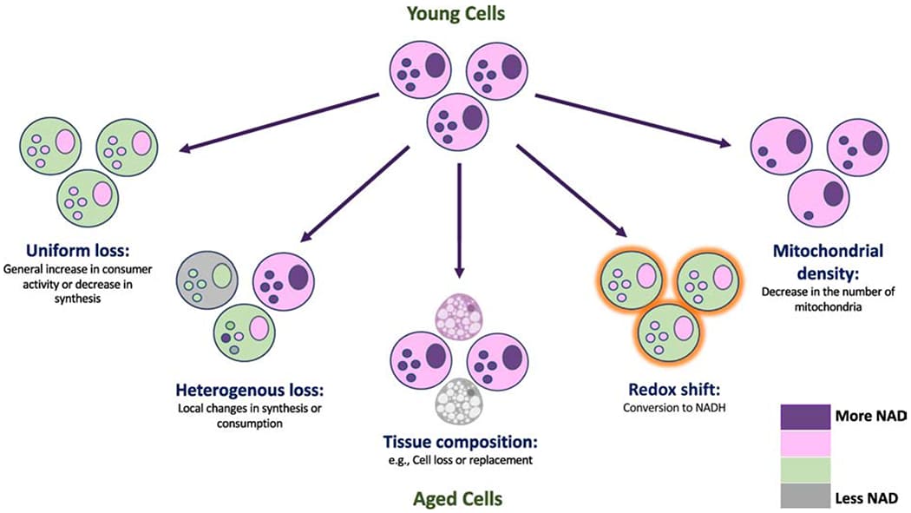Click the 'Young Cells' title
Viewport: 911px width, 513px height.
pos(456,13)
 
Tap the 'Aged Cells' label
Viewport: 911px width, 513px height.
pos(458,498)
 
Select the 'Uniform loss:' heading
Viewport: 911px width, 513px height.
pos(77,250)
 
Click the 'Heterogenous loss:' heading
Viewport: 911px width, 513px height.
pos(250,389)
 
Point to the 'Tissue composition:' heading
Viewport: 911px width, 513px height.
pos(460,442)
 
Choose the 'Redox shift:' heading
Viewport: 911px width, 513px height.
pos(674,389)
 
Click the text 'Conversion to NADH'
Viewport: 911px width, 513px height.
pos(674,407)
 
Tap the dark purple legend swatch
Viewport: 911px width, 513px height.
pos(805,418)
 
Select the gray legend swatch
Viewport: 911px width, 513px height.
pos(805,496)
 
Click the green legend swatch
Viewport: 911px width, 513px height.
pos(805,470)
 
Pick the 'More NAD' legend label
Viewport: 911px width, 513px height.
pos(870,416)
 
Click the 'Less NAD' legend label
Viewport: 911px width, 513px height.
pos(866,498)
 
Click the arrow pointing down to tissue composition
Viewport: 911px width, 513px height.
pos(460,220)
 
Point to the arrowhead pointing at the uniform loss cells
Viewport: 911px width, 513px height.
pos(187,148)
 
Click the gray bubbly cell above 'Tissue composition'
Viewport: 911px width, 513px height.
pos(460,401)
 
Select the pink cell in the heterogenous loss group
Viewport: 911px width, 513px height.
pos(284,282)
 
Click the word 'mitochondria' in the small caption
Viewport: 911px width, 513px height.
pos(828,306)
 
